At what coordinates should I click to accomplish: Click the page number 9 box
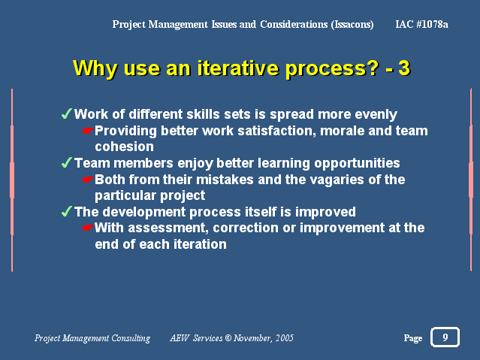click(x=445, y=337)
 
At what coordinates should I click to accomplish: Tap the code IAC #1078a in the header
click(x=421, y=24)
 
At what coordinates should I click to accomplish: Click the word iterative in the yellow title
click(x=237, y=68)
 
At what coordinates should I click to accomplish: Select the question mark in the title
click(x=373, y=68)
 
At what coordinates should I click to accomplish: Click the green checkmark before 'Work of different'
click(x=67, y=113)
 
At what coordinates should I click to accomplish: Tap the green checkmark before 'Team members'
click(x=67, y=162)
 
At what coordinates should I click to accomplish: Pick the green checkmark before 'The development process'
click(x=67, y=211)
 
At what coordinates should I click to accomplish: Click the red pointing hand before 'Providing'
click(x=88, y=131)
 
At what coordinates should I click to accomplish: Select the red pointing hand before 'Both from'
click(x=88, y=180)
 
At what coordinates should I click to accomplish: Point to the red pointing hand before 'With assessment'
click(x=88, y=228)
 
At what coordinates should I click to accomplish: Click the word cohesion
click(x=124, y=147)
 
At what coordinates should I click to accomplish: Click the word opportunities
click(x=357, y=163)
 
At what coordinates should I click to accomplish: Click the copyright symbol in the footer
click(x=228, y=338)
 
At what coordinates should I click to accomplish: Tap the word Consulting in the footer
click(x=131, y=338)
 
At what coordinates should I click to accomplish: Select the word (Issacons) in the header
click(x=352, y=25)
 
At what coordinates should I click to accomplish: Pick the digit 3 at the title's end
click(x=404, y=68)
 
